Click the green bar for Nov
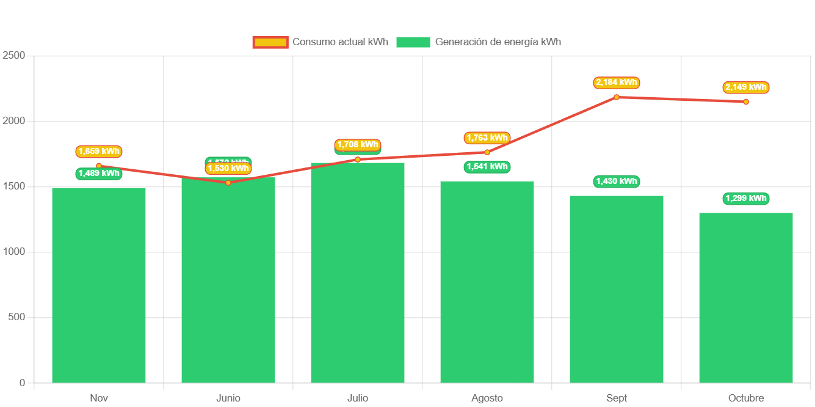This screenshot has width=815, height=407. click(99, 285)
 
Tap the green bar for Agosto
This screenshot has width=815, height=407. click(487, 282)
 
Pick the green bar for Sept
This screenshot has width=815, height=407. click(617, 289)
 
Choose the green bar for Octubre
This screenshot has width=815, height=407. click(746, 298)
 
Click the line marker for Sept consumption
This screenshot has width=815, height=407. click(617, 97)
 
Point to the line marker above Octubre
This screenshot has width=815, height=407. click(746, 101)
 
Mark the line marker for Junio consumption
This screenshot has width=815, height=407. click(228, 183)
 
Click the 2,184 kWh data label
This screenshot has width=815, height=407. click(617, 82)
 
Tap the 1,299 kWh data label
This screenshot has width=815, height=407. click(746, 199)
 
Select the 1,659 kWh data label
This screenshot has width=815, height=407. click(99, 152)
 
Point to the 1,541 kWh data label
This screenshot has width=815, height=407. click(487, 167)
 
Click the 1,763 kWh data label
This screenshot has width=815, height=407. click(487, 138)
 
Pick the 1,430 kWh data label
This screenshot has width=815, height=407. click(617, 182)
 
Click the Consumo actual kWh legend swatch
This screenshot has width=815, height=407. click(270, 42)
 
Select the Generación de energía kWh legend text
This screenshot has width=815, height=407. click(498, 42)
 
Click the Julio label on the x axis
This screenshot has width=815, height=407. click(358, 398)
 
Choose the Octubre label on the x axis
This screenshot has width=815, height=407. click(746, 398)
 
